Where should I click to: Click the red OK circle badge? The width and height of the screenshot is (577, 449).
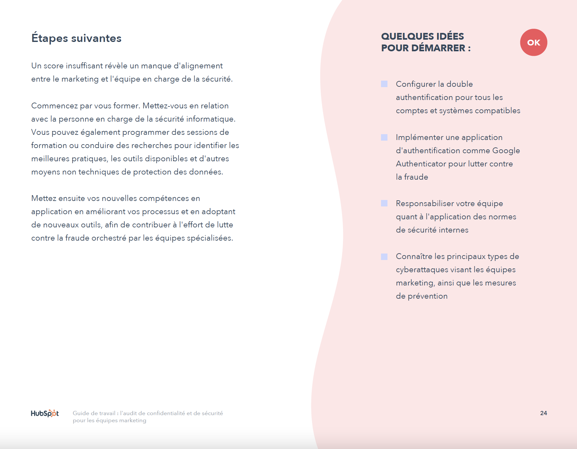pyautogui.click(x=533, y=43)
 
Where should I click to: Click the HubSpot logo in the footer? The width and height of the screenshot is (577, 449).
pyautogui.click(x=45, y=413)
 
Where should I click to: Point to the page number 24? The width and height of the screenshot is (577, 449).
pyautogui.click(x=543, y=413)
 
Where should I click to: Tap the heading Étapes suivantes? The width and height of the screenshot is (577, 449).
pyautogui.click(x=76, y=38)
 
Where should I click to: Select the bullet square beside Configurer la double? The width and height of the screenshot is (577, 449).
pyautogui.click(x=384, y=84)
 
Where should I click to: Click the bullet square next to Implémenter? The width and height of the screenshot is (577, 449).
pyautogui.click(x=384, y=137)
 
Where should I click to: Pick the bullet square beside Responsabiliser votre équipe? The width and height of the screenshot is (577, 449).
pyautogui.click(x=384, y=203)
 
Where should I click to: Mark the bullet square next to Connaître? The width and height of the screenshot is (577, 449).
pyautogui.click(x=384, y=256)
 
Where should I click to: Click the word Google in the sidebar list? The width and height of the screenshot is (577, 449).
pyautogui.click(x=506, y=151)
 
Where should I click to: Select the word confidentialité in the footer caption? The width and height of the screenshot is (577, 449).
pyautogui.click(x=166, y=413)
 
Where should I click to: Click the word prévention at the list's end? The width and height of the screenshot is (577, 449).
pyautogui.click(x=427, y=296)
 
